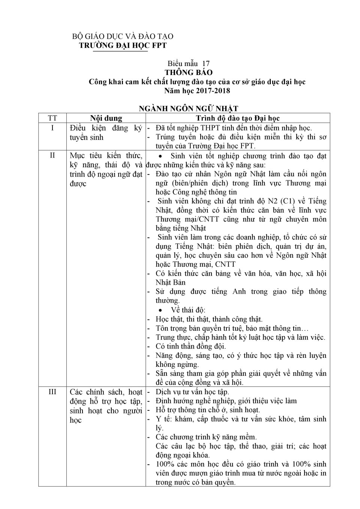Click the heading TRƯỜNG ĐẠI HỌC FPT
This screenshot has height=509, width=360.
123,45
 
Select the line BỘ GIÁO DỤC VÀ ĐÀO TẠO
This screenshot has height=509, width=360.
123,36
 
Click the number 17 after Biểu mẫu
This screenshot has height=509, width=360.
206,63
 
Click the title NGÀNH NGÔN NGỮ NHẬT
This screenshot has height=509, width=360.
189,109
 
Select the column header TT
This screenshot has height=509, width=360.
52,118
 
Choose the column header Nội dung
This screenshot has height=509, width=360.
106,118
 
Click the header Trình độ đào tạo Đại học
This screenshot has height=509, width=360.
238,118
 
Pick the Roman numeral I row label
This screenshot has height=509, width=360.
52,128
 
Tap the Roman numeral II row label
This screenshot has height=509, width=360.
52,155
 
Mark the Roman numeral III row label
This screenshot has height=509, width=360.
52,392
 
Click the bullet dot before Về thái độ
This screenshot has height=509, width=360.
160,311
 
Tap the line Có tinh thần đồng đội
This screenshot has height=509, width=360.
191,346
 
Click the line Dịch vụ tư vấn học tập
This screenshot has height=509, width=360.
192,392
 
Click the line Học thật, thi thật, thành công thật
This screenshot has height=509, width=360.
209,319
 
